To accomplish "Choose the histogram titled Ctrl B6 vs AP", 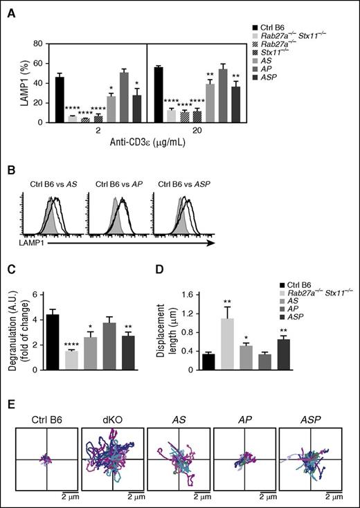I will click(120, 208).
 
